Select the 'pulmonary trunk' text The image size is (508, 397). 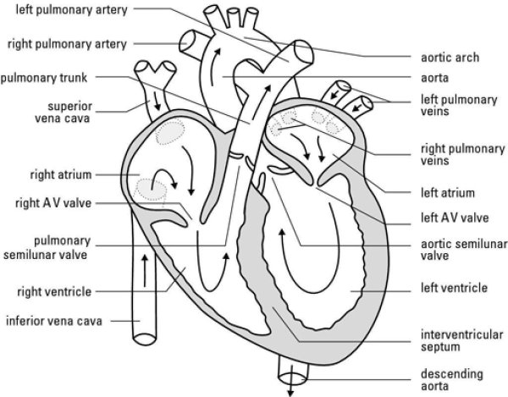pos(52,76)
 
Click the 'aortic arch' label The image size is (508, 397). pos(450,58)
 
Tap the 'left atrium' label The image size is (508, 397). pos(447,192)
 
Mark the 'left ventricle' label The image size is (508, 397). pos(454,288)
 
